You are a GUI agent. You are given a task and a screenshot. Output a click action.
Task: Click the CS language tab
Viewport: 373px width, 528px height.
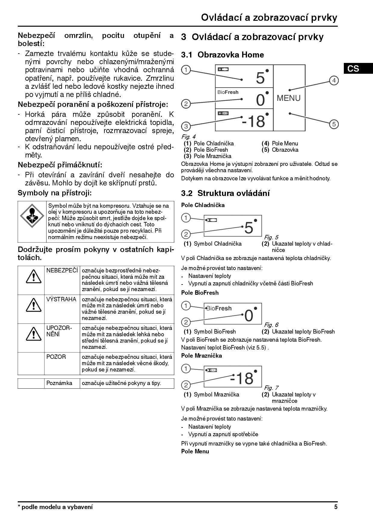pyautogui.click(x=353, y=69)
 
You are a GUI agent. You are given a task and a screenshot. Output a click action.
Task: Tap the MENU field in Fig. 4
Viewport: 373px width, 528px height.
pyautogui.click(x=288, y=98)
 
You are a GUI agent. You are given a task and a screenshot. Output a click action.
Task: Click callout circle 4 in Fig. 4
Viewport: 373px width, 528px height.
pyautogui.click(x=334, y=80)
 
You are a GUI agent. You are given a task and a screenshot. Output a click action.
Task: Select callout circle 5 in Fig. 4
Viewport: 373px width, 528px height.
pyautogui.click(x=334, y=124)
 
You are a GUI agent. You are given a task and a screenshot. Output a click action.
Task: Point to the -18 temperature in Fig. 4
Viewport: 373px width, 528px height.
pyautogui.click(x=253, y=121)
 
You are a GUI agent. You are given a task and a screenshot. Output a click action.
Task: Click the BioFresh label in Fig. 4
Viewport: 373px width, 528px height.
pyautogui.click(x=228, y=92)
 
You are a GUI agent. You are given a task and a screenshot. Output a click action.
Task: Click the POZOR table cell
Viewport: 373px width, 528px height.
pyautogui.click(x=56, y=357)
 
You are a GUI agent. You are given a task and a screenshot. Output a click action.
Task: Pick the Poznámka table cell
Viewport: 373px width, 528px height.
pyautogui.click(x=59, y=383)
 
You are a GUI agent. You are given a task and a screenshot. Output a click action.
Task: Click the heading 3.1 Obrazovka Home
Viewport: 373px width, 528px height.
pyautogui.click(x=222, y=55)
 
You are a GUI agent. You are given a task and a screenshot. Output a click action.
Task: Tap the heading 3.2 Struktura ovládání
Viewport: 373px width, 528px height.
pyautogui.click(x=225, y=193)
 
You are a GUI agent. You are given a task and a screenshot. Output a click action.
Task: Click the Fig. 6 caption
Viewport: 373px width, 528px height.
pyautogui.click(x=271, y=325)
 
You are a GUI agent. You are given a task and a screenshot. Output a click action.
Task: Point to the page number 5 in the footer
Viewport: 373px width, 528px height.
pyautogui.click(x=336, y=507)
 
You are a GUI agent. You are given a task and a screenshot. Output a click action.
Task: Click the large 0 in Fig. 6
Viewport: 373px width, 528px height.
pyautogui.click(x=249, y=315)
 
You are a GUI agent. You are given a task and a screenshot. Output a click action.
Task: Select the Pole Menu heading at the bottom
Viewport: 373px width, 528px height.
pyautogui.click(x=195, y=451)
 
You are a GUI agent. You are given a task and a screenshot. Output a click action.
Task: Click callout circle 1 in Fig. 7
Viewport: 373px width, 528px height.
pyautogui.click(x=186, y=368)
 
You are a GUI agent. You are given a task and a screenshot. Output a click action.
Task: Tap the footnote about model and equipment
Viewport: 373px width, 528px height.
pyautogui.click(x=55, y=507)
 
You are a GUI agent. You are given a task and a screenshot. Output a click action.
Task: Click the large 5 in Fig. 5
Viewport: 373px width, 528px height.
pyautogui.click(x=249, y=228)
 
